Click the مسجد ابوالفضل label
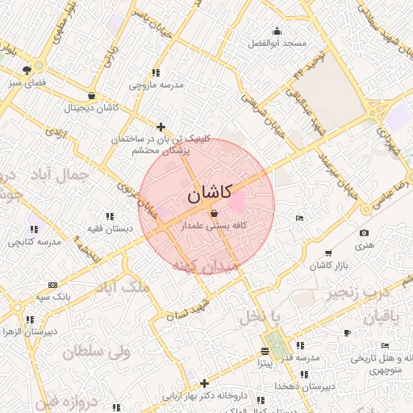tap(278, 42)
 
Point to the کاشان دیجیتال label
tap(94, 107)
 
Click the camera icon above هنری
tap(364, 233)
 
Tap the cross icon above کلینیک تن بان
tap(161, 127)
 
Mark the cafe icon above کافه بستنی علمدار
tap(213, 215)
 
